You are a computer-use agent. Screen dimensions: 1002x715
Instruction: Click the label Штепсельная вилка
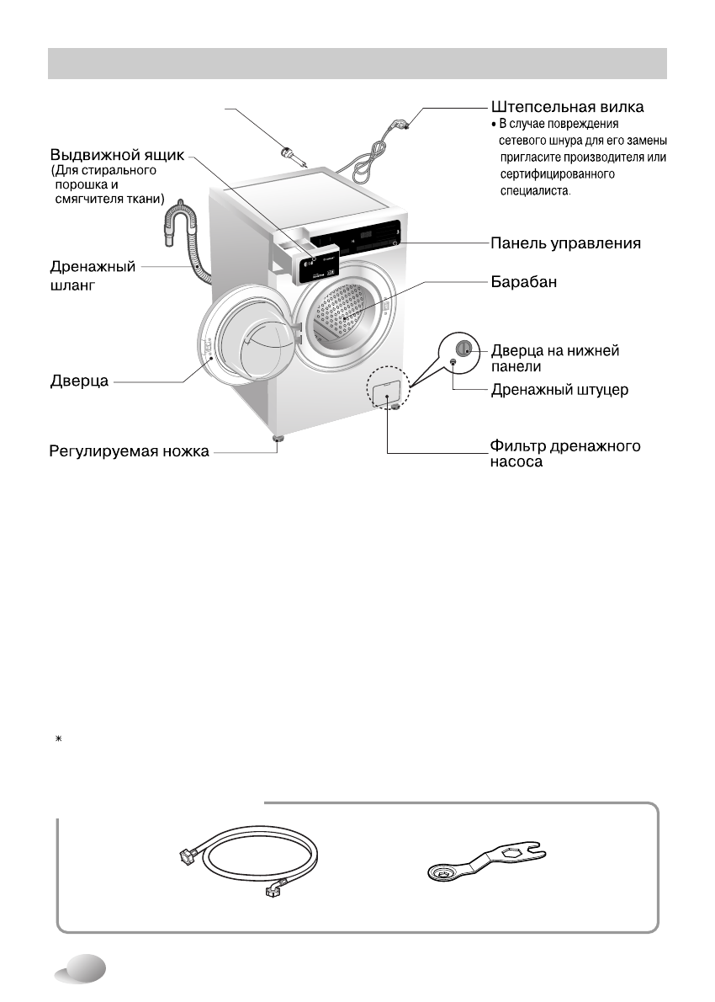[x=568, y=108]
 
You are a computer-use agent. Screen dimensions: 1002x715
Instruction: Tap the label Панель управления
[x=566, y=243]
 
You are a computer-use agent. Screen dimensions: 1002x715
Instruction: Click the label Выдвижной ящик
[x=117, y=156]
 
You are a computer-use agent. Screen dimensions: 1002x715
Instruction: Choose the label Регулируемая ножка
[x=127, y=452]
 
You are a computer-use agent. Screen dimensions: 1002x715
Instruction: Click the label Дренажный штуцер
[x=559, y=391]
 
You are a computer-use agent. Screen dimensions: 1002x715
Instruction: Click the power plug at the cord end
[x=403, y=125]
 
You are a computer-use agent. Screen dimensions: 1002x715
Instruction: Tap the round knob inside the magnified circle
[x=461, y=349]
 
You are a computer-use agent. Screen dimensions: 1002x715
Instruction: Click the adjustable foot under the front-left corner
[x=275, y=439]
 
